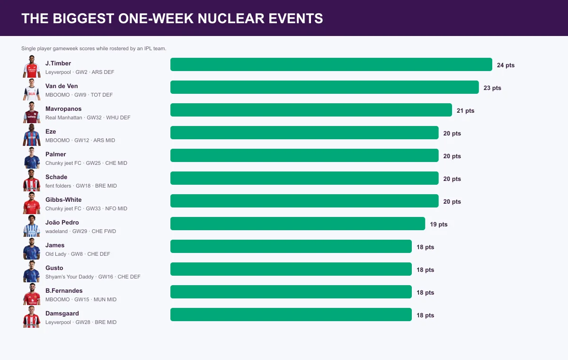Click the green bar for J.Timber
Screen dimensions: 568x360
coord(331,64)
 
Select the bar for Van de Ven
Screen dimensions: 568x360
coord(325,87)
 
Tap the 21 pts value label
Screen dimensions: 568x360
coord(465,111)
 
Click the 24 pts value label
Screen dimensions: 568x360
coord(506,65)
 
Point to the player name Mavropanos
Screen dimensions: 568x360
coord(63,109)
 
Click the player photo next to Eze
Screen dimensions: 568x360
coord(32,135)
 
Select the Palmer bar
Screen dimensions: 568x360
coord(304,155)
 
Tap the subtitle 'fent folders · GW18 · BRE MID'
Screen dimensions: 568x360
coord(81,186)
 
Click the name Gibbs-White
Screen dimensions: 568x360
coord(63,200)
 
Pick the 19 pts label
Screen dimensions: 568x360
coord(439,224)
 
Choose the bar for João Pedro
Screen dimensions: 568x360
coord(298,224)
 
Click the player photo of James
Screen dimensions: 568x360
coord(32,248)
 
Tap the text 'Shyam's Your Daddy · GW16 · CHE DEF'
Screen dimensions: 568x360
coord(93,277)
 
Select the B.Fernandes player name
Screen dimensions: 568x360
coord(64,291)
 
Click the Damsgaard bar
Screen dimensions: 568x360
coord(291,315)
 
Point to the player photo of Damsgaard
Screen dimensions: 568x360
coord(32,316)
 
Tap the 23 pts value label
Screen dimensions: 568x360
coord(492,88)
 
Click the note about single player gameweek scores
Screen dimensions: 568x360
coord(94,48)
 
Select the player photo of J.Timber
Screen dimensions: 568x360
coord(32,66)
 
